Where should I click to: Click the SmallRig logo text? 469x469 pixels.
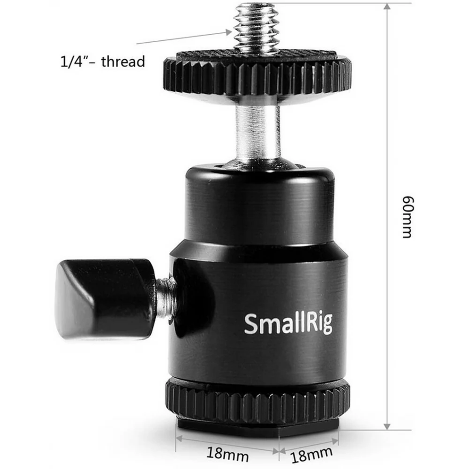click(x=288, y=324)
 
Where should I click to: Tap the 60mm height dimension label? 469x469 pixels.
click(x=407, y=217)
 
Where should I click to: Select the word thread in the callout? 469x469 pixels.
click(x=123, y=61)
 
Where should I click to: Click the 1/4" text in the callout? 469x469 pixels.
click(x=71, y=61)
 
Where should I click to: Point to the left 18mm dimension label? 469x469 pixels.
click(x=227, y=454)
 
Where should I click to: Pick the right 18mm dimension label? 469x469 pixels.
click(x=311, y=454)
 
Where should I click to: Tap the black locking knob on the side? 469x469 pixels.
click(x=105, y=299)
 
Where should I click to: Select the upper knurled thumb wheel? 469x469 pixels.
click(x=257, y=77)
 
